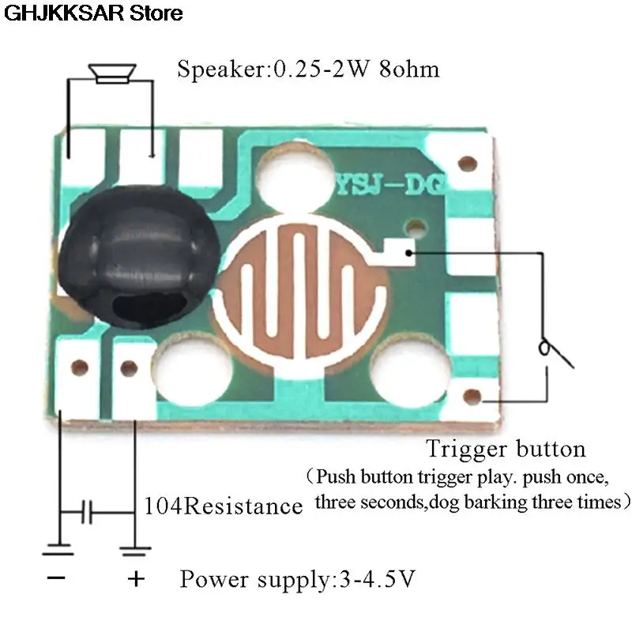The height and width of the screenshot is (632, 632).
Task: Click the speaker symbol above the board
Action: coord(110,73)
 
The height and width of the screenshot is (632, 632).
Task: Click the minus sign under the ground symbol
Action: coord(58,579)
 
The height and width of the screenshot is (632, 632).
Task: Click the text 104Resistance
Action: coord(224,506)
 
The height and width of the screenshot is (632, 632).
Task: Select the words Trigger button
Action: coord(506,450)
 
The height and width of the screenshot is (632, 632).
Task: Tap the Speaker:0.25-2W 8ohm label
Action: coord(308,70)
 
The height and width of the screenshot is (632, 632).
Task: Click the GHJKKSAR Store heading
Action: coord(92,13)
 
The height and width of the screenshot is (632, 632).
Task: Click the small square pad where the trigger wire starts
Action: coord(409,251)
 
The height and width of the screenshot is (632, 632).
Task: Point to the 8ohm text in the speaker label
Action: coord(409,70)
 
